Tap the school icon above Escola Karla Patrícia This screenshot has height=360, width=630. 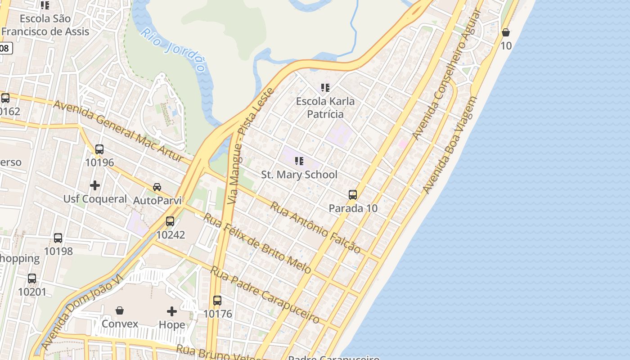[325, 88]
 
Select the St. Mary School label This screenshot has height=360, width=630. [299, 175]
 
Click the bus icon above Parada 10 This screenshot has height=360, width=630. [353, 195]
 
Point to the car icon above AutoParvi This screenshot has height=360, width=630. [157, 187]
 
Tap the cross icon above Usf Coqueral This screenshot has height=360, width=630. [95, 185]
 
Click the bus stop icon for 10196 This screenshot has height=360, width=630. [99, 149]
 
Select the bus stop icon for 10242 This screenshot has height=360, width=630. [170, 221]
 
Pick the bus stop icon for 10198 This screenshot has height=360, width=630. [58, 238]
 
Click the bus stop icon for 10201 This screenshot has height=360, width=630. [32, 278]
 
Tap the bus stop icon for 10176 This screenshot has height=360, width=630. [217, 300]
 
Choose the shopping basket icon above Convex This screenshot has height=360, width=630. [120, 310]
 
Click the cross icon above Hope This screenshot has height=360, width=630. [172, 311]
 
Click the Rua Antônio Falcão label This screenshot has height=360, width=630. [315, 228]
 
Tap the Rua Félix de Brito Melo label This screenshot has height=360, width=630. [257, 243]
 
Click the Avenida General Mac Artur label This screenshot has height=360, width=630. [118, 131]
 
